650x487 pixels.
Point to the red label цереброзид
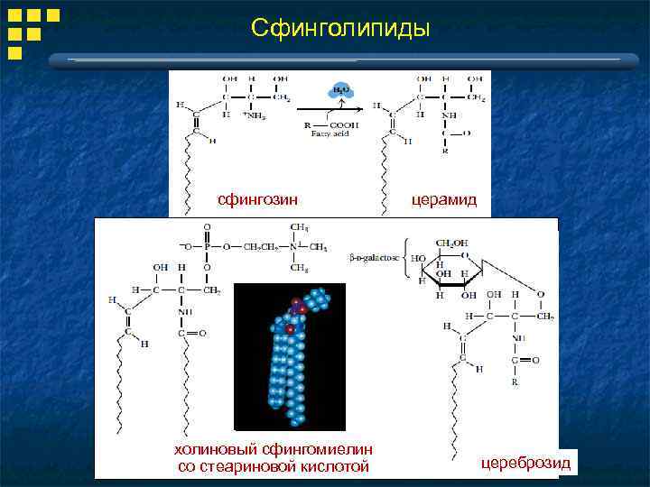click(x=525, y=463)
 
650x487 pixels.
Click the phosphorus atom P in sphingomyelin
click(x=207, y=246)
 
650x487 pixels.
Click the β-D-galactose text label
click(x=372, y=258)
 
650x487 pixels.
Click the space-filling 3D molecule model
click(x=290, y=357)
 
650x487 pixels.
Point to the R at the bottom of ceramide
click(x=444, y=150)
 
